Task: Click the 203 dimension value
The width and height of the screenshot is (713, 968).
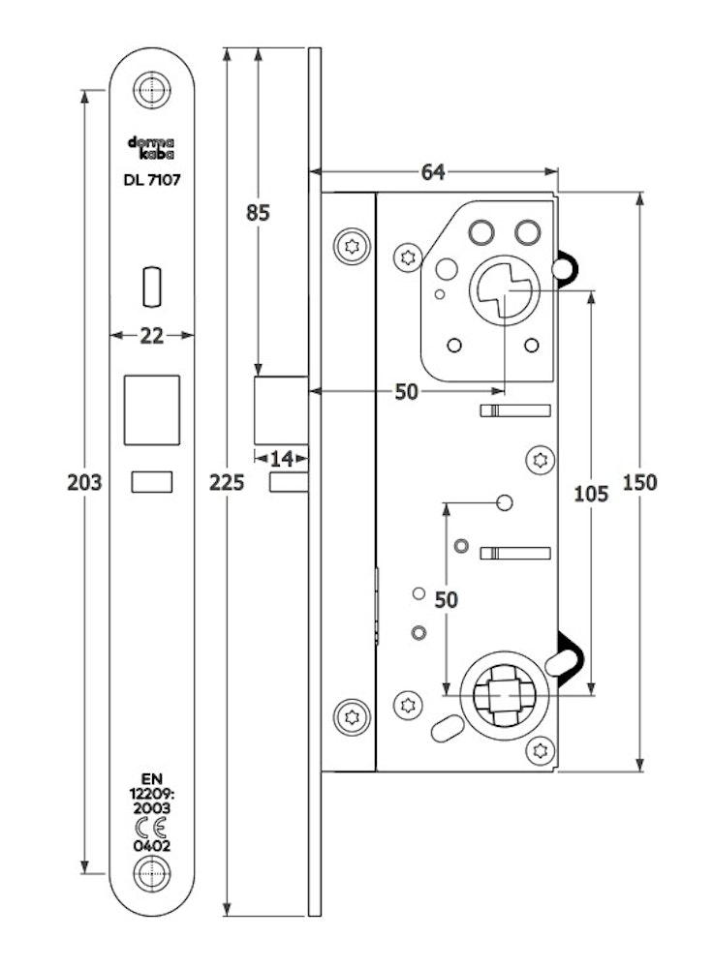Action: point(84,482)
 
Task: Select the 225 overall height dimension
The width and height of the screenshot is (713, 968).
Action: point(227,482)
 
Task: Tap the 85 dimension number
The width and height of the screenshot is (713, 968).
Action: point(258,213)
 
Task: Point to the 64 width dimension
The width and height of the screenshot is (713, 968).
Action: point(432,172)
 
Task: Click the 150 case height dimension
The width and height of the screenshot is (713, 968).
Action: point(639,482)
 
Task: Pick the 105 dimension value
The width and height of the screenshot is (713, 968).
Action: point(591,494)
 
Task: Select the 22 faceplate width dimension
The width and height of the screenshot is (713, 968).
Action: point(151,336)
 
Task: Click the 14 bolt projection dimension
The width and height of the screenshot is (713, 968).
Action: point(282,459)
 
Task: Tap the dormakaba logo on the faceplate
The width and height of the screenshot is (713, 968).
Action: point(151,147)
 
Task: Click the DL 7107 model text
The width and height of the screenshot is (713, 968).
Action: point(152,180)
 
